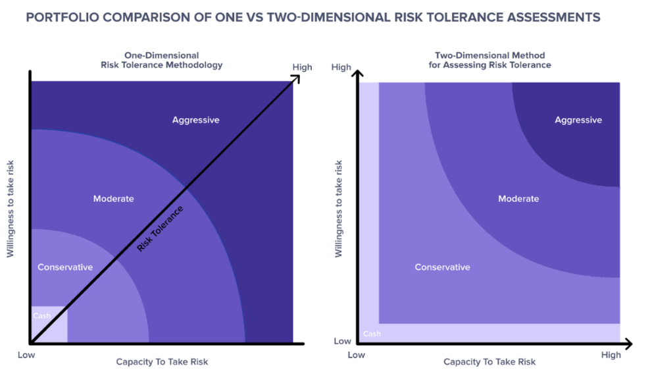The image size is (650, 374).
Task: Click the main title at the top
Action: tap(312, 17)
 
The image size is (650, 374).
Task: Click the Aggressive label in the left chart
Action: tap(195, 120)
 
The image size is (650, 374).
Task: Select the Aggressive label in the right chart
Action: tap(578, 120)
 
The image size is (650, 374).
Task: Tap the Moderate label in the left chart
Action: tap(113, 199)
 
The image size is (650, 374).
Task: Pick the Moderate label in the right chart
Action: tap(518, 199)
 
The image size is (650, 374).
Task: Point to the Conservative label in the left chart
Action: tap(65, 267)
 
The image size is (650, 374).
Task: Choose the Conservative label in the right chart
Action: tap(442, 267)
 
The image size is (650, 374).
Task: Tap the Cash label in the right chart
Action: tap(372, 334)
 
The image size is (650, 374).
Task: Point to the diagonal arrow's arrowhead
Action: tap(296, 78)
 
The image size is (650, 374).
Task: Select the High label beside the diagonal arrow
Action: tap(302, 67)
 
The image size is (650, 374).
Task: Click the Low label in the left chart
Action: tap(27, 355)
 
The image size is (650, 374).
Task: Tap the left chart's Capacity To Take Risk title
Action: tap(162, 361)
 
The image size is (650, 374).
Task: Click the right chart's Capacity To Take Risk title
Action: tap(489, 361)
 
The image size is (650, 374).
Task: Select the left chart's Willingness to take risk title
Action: tap(11, 210)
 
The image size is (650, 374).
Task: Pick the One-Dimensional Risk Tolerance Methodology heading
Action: tap(161, 61)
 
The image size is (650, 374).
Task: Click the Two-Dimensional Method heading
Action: tap(489, 61)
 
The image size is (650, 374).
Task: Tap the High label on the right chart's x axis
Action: tap(611, 355)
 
